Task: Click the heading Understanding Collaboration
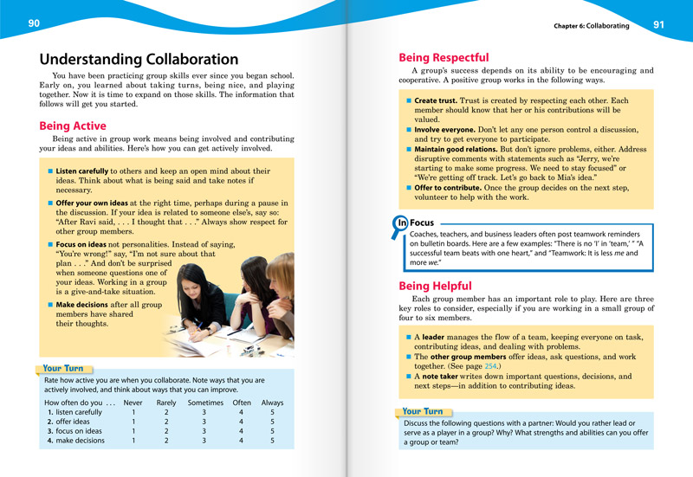click(x=139, y=60)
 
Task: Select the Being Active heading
click(x=73, y=126)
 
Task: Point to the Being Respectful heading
click(x=443, y=57)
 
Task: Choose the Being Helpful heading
click(x=435, y=286)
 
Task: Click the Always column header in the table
click(x=272, y=403)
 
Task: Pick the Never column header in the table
click(x=133, y=403)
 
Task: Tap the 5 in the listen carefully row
click(x=272, y=412)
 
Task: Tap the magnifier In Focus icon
click(x=401, y=223)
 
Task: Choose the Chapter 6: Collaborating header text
click(x=592, y=26)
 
